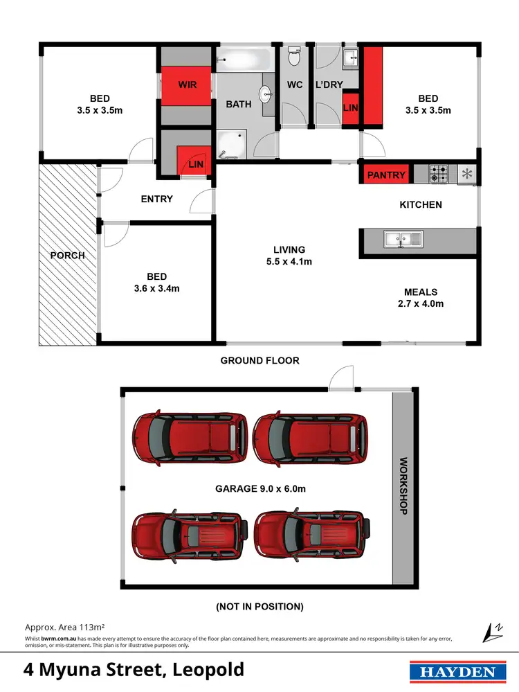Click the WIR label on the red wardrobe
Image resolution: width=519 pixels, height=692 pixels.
coord(187,85)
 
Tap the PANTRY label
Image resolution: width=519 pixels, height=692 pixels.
coord(386,175)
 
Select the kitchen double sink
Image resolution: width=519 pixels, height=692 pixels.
coord(403,240)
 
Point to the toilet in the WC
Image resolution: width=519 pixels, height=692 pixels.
coord(293,59)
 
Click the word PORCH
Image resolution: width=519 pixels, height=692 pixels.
coord(68,255)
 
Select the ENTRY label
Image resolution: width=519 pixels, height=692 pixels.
coord(156,199)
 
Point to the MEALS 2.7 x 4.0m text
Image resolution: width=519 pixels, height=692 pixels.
coord(421,297)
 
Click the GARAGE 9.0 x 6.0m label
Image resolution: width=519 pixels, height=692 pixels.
coord(259,488)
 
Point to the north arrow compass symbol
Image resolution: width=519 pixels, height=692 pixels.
coord(492,631)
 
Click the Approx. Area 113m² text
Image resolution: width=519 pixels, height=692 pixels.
coord(64,625)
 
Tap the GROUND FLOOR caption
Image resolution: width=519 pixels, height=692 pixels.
coord(259,360)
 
